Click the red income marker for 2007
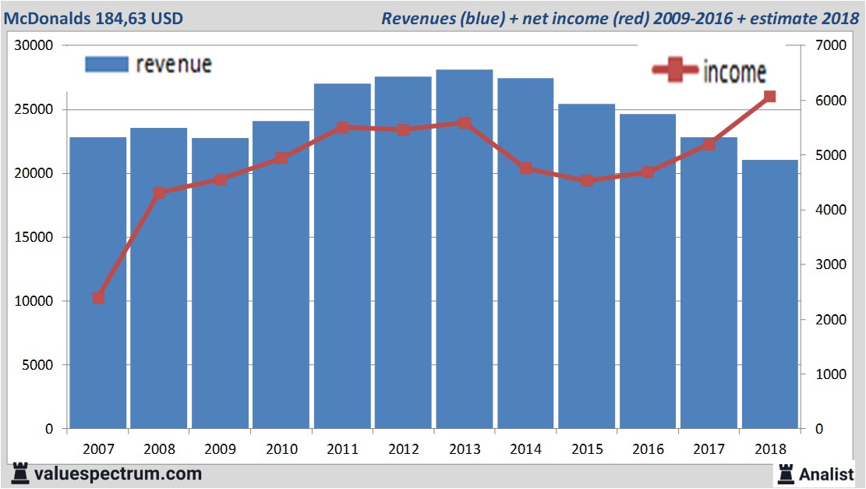coord(98,298)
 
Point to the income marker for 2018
coord(769,97)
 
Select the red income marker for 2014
coord(525,168)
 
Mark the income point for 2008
coord(159,193)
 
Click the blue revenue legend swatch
coord(106,65)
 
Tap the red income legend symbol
coord(674,71)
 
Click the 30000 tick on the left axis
coord(34,46)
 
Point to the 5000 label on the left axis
coord(37,365)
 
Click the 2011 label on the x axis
coord(342,450)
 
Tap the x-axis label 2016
coord(648,450)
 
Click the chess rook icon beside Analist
coord(785,473)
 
